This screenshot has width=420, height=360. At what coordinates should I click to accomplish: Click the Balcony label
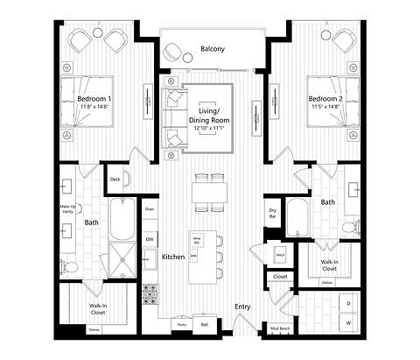pos(212,50)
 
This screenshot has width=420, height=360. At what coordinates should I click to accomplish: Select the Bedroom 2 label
pos(325,99)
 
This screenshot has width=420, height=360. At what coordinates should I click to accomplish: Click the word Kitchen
pos(172,257)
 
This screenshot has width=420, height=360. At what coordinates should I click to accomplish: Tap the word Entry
pos(242,306)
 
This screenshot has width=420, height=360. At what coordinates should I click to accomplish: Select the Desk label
pos(115,180)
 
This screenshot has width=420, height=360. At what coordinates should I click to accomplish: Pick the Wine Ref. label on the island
pos(197,239)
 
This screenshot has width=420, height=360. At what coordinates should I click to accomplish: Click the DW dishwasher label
pos(150,238)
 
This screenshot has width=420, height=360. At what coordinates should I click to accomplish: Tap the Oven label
pos(150,209)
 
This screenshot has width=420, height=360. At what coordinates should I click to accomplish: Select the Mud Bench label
pos(280,328)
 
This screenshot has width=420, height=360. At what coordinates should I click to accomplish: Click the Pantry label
pos(182,324)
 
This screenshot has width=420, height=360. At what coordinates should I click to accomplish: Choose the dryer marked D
pos(347,303)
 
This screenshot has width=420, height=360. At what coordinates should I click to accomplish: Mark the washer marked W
pos(347,323)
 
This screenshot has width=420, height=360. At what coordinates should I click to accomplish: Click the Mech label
pos(281,255)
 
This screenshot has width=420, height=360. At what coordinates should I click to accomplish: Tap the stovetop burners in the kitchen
pos(149,290)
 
